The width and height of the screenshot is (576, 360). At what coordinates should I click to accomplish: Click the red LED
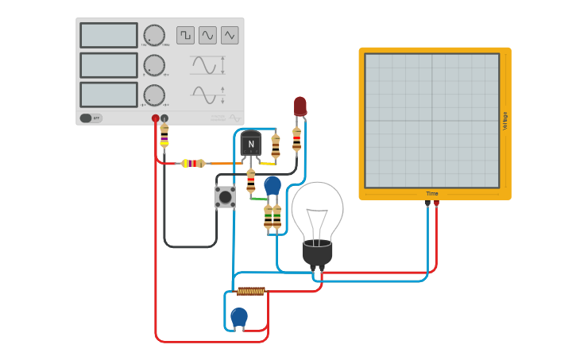click(300, 106)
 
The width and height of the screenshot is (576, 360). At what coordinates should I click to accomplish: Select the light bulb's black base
click(317, 254)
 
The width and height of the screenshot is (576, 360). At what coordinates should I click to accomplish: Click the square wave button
click(185, 35)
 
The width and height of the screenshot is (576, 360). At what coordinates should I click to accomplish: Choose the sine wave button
click(207, 35)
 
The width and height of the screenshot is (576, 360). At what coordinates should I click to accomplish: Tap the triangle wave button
click(230, 35)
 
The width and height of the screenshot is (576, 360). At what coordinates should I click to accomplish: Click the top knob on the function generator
click(154, 35)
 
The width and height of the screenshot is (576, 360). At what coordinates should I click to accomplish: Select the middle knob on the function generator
click(154, 65)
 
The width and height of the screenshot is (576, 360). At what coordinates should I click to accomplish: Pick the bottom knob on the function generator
click(154, 95)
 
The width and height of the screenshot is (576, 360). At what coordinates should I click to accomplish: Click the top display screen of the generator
click(109, 35)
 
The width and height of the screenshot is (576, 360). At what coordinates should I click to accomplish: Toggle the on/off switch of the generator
click(87, 118)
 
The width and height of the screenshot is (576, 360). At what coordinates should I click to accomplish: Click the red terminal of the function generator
click(156, 118)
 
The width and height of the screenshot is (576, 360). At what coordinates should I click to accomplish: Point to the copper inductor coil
click(251, 291)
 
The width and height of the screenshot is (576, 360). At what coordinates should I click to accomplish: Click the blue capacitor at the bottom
click(239, 317)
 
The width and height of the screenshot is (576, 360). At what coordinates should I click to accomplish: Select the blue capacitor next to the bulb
click(273, 185)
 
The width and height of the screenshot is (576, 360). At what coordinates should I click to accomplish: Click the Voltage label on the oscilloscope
click(505, 121)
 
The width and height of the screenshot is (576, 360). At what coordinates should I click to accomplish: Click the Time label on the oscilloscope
click(432, 193)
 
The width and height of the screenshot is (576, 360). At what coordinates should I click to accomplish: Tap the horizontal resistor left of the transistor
click(193, 164)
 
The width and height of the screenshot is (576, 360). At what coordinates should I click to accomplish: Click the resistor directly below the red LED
click(297, 140)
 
